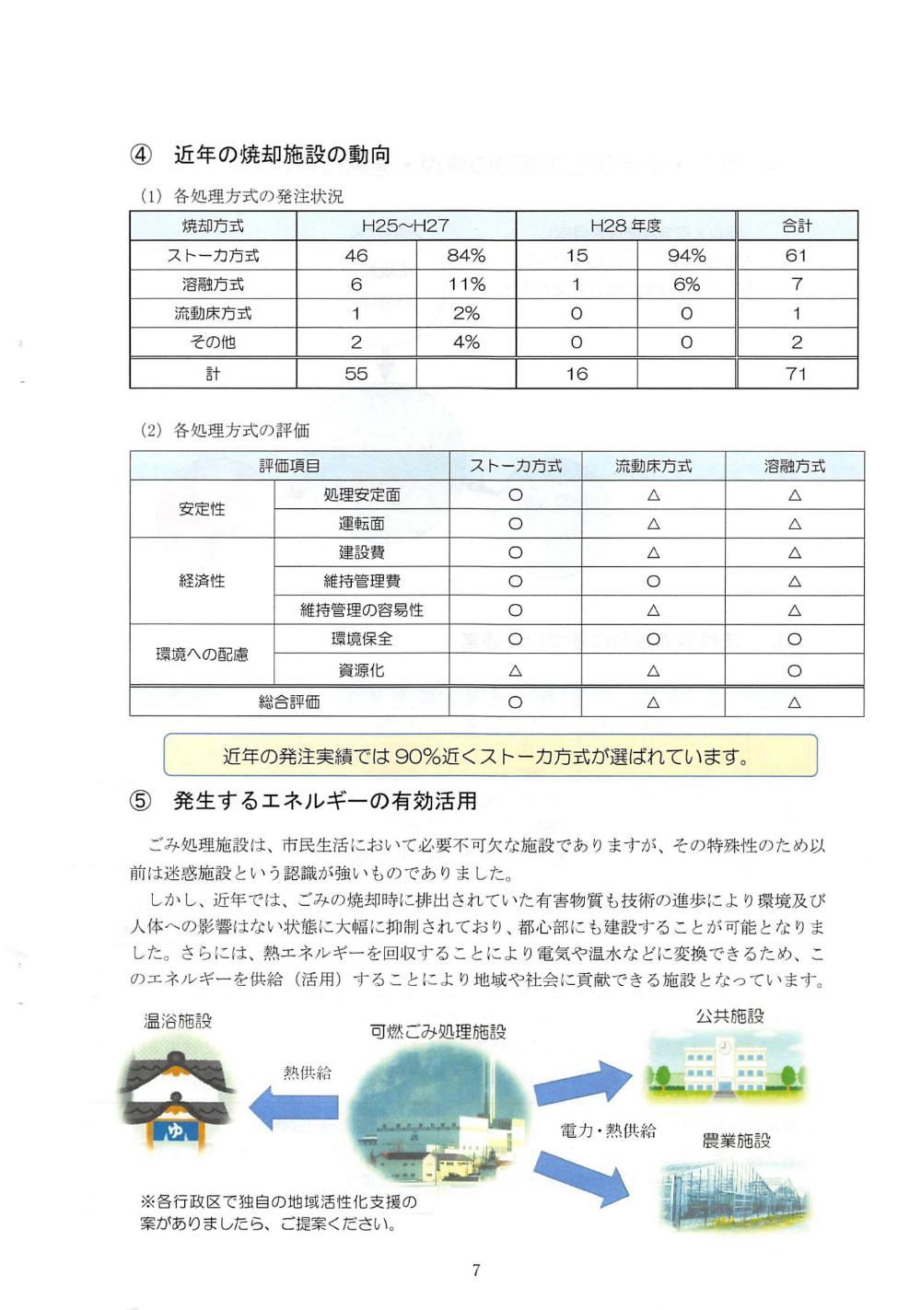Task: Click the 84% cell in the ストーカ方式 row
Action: pyautogui.click(x=466, y=255)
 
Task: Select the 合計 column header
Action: pyautogui.click(x=797, y=226)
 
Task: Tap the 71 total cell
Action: pyautogui.click(x=797, y=374)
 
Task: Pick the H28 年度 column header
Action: pyautogui.click(x=625, y=226)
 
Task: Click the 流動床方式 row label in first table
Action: pyautogui.click(x=213, y=313)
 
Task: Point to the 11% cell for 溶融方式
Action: pyautogui.click(x=466, y=284)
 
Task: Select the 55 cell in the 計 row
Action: pyautogui.click(x=356, y=374)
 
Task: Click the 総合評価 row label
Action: pyautogui.click(x=289, y=702)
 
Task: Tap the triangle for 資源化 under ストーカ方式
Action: pyautogui.click(x=515, y=671)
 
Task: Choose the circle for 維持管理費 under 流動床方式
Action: pyautogui.click(x=653, y=581)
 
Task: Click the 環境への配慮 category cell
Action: pyautogui.click(x=202, y=655)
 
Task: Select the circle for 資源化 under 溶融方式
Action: pyautogui.click(x=794, y=671)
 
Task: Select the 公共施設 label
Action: pyautogui.click(x=729, y=1015)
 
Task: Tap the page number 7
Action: pyautogui.click(x=475, y=1270)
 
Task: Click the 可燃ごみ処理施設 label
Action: pyautogui.click(x=437, y=1032)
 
